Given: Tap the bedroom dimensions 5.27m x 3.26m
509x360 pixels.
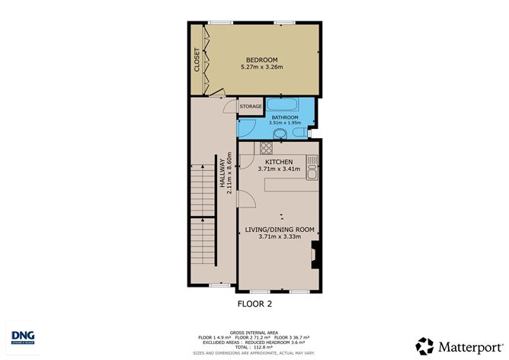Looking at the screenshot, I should point(261,67).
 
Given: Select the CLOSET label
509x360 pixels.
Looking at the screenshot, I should point(197,60).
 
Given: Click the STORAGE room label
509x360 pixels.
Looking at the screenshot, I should point(251,107).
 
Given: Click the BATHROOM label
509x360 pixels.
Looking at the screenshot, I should point(285,117).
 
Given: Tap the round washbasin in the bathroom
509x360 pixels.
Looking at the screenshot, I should point(280,135).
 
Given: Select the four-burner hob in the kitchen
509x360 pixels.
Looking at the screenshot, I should point(267,148).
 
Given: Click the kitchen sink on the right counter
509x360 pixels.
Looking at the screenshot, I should point(312,175).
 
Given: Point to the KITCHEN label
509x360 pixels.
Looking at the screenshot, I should point(279,162).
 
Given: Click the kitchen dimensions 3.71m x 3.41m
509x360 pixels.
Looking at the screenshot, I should point(279,170).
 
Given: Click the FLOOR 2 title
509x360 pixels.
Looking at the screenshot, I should point(255,304).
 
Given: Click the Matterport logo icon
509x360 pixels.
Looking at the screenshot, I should point(425,345).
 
